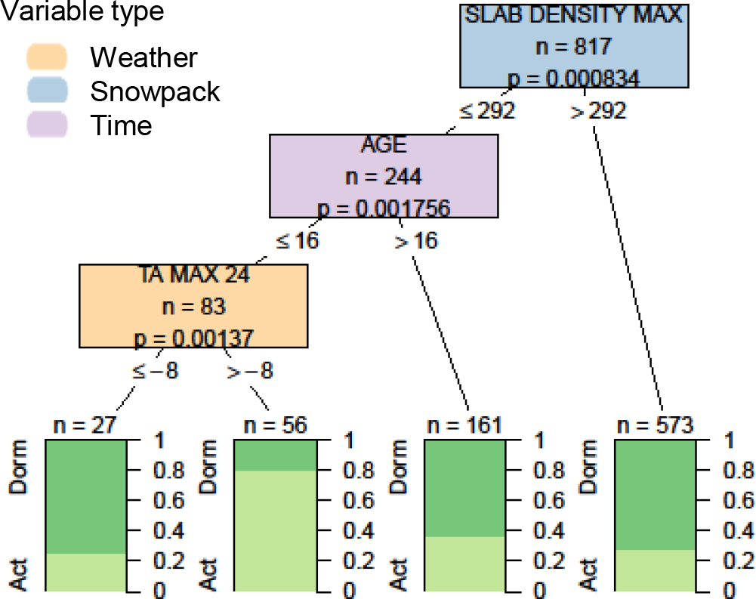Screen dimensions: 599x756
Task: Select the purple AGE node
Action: coord(384,177)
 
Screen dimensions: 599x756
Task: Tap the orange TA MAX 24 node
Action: coord(194,306)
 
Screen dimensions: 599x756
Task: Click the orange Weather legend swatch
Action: coord(47,57)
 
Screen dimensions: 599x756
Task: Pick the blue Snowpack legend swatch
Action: coord(47,91)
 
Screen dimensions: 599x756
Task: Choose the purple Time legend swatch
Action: coord(47,125)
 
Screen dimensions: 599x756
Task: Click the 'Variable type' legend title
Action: coord(82,13)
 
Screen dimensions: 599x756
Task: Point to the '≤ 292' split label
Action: coord(487,110)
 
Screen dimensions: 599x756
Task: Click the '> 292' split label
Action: coord(597,110)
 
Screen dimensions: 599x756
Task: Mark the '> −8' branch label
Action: coord(248,371)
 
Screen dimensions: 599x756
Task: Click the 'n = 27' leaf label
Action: coord(85,425)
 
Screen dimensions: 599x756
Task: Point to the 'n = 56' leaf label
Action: coord(275,425)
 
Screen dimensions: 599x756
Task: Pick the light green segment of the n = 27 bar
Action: coord(85,572)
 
